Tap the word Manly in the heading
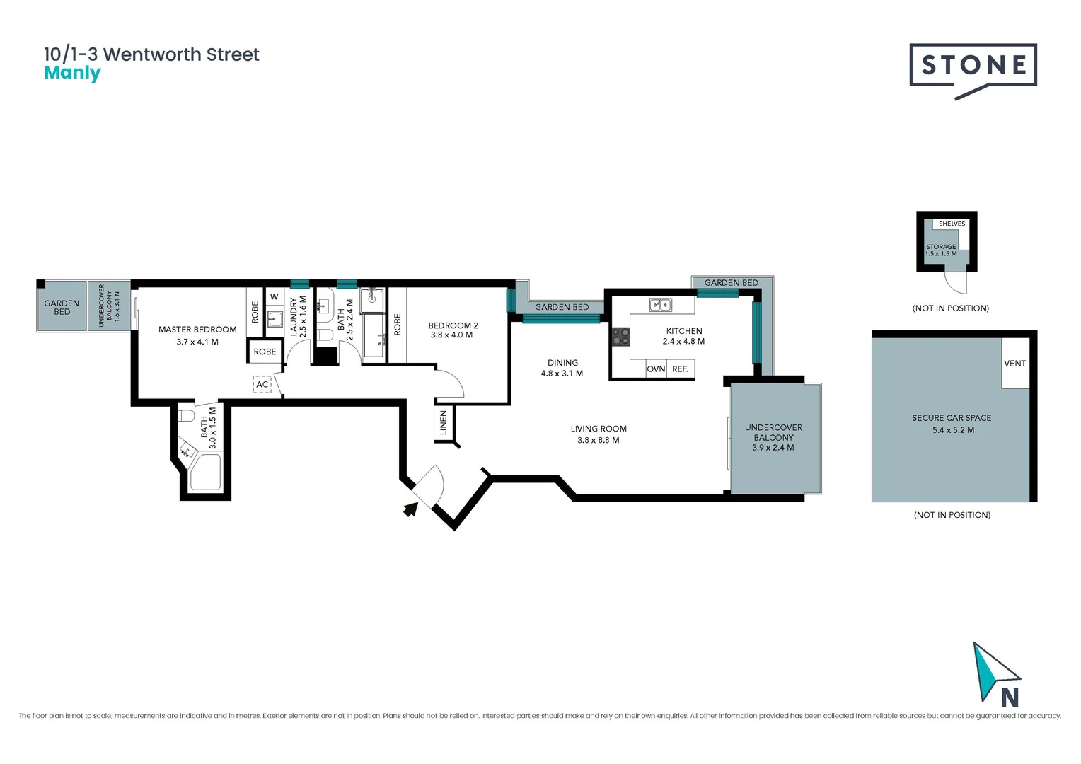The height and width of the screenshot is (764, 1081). (72, 73)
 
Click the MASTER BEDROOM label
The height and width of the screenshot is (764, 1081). (197, 330)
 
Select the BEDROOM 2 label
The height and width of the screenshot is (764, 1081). (453, 325)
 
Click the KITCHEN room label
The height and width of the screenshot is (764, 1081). (684, 331)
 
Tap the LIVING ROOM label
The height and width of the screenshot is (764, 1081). (599, 429)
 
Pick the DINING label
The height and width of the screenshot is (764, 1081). (562, 363)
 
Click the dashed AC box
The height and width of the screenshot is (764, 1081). (262, 384)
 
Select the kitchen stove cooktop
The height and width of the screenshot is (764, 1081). (620, 337)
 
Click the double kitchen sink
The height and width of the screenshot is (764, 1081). (661, 305)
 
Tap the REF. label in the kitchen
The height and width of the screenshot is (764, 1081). (680, 369)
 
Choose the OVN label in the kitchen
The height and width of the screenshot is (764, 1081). (656, 369)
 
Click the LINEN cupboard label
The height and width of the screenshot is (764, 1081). (444, 422)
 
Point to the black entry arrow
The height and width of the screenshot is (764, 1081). (410, 509)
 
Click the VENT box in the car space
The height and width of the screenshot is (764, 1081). (1014, 364)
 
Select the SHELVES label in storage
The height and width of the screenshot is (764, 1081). (952, 224)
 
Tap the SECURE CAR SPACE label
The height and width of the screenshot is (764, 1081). (952, 418)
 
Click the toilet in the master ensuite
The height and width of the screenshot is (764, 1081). (187, 415)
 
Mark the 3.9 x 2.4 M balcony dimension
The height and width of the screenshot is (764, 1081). (773, 448)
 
